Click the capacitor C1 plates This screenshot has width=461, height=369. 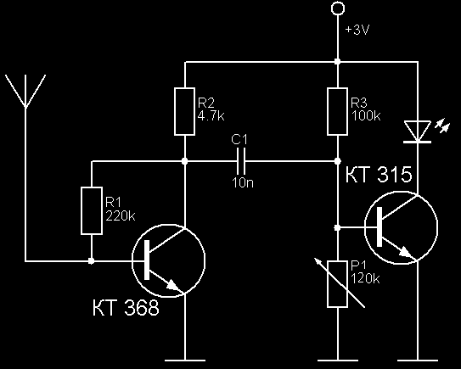coord(241,161)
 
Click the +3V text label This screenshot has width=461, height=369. coord(357,30)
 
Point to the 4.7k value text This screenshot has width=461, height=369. coord(211,116)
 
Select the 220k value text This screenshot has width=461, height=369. coord(121,216)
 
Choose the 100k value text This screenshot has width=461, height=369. coord(366,116)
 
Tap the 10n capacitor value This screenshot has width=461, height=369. coord(243,182)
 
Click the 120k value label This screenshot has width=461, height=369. coord(365,278)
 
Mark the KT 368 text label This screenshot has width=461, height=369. coord(126,308)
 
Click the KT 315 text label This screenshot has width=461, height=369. coord(379,175)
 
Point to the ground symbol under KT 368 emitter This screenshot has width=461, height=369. coord(184,361)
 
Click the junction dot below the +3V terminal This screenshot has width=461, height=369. coord(338,62)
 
